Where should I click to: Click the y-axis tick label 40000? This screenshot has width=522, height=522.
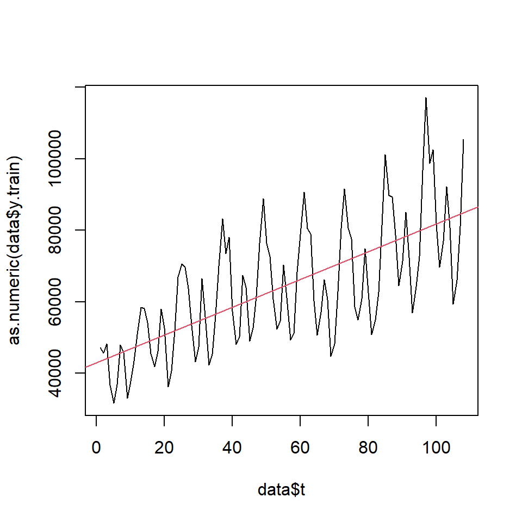point(60,373)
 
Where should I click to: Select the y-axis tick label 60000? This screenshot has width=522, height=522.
point(60,302)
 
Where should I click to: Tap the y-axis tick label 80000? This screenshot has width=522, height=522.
point(60,230)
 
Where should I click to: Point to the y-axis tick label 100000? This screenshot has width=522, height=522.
point(60,159)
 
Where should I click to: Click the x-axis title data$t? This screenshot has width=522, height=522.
point(281,490)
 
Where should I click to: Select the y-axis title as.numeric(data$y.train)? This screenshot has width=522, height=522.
point(16,251)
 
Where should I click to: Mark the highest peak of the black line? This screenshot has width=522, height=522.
point(426,98)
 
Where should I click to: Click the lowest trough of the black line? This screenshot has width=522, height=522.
point(114,403)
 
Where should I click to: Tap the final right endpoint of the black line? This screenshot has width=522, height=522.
point(463,140)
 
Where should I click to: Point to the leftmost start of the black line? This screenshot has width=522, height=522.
point(100,347)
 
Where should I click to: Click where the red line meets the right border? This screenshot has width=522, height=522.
point(478,207)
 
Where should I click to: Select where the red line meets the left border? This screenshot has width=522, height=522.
point(86,367)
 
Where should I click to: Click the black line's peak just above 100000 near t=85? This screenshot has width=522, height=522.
point(385,155)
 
